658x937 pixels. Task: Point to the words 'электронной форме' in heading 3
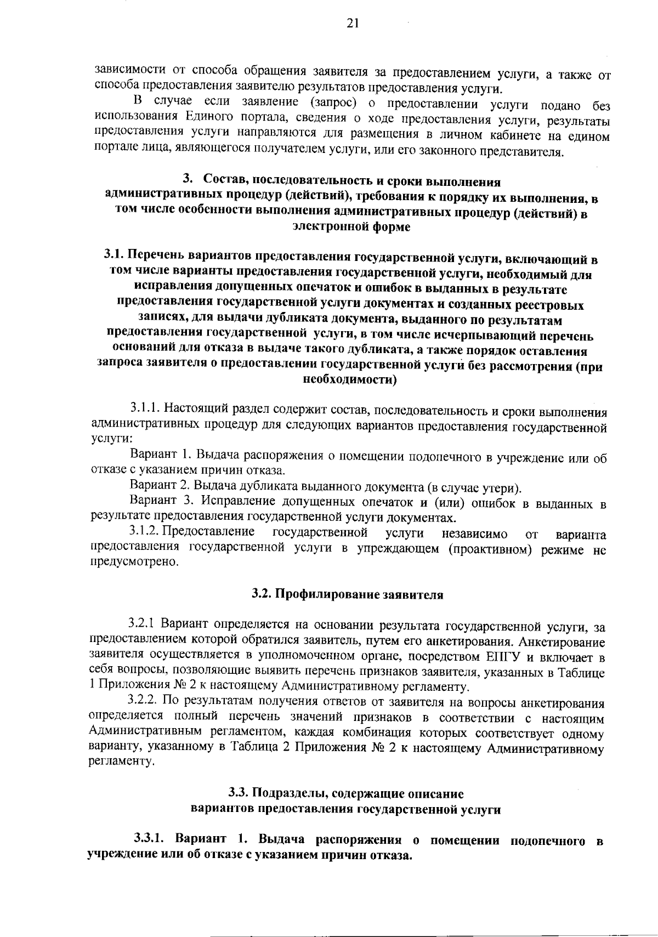(351, 228)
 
